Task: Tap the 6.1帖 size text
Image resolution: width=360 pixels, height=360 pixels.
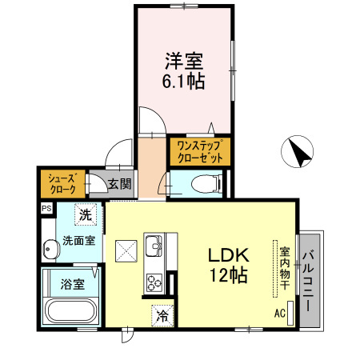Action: click(185, 81)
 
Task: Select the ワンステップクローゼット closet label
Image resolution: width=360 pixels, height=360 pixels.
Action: click(199, 151)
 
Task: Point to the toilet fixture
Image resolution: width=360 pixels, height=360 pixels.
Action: click(203, 185)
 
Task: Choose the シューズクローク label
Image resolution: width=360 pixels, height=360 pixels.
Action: click(63, 183)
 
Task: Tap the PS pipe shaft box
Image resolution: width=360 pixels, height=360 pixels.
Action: click(46, 210)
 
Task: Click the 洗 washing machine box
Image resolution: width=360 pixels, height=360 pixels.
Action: click(86, 215)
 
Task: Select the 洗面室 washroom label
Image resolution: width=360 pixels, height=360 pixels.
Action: click(81, 239)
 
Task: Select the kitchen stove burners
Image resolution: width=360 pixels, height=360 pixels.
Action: click(154, 281)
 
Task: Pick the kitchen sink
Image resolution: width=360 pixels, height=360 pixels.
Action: click(154, 244)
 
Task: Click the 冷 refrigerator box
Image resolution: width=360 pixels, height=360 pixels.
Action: click(162, 314)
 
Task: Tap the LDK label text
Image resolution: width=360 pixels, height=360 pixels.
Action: click(230, 256)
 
